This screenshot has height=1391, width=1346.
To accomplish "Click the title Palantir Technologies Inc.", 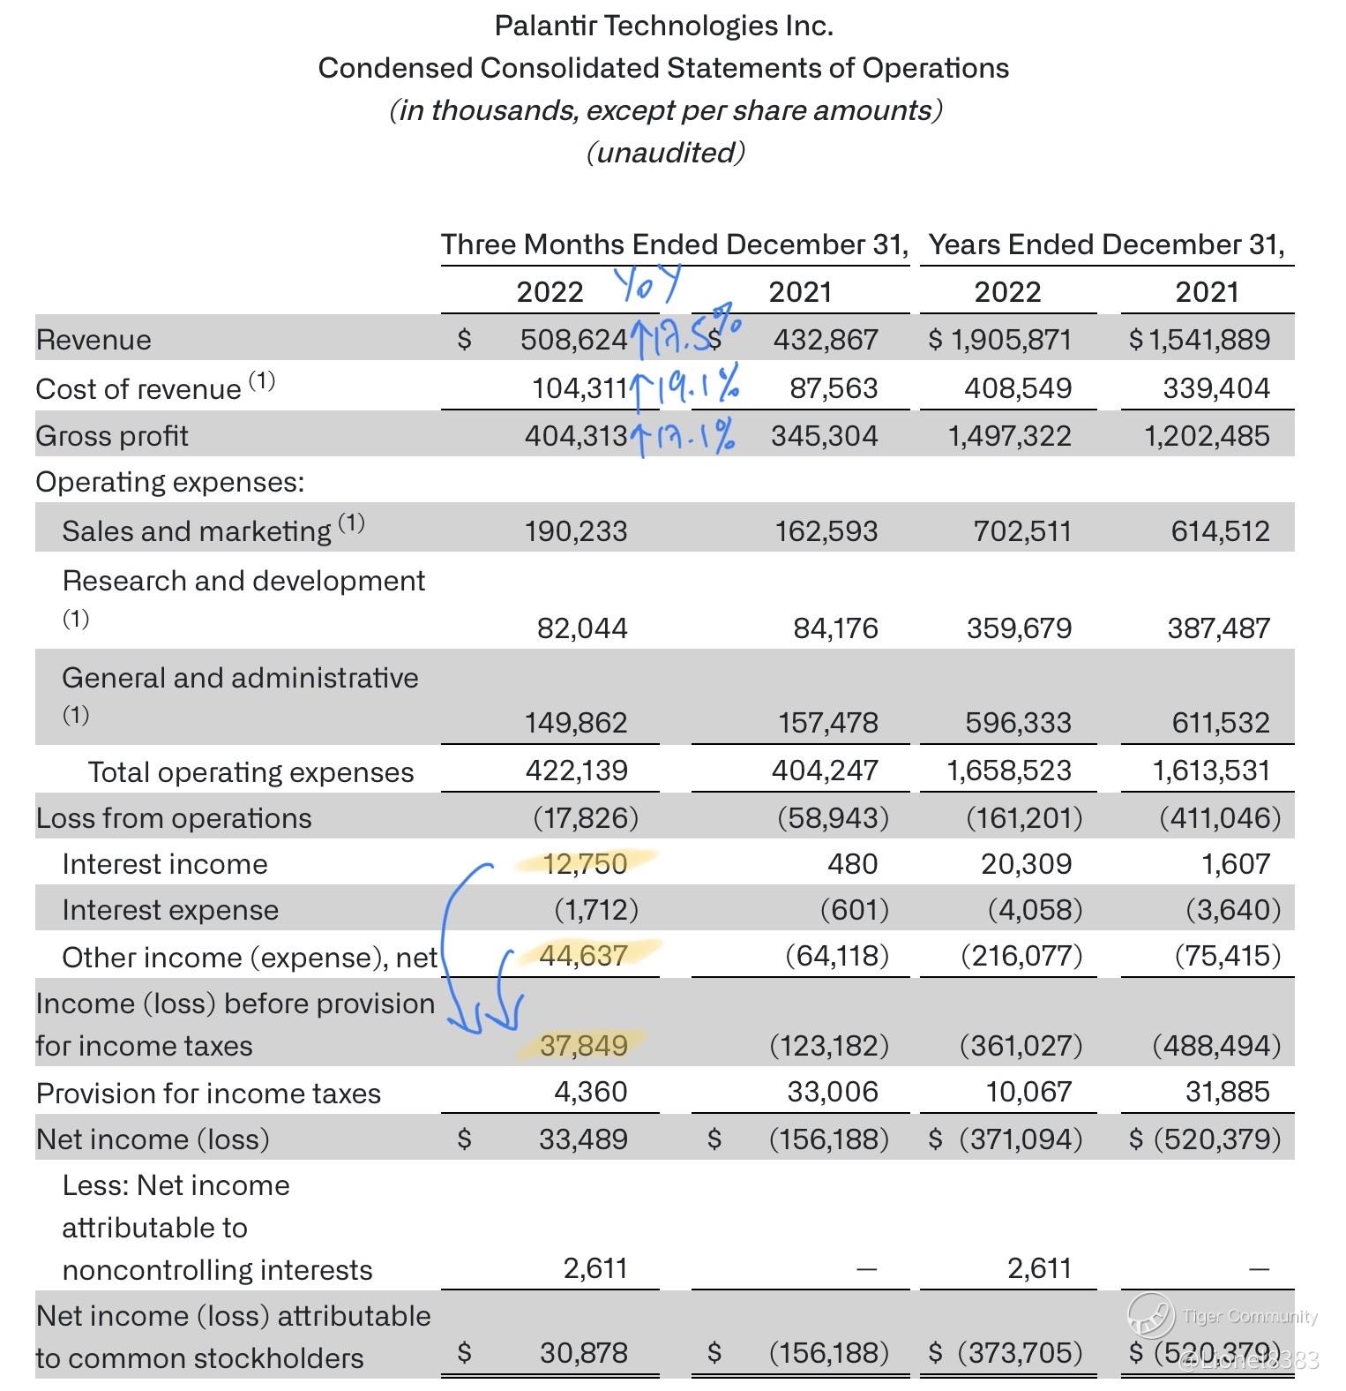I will [663, 26].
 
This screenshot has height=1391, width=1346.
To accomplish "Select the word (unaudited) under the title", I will [665, 153].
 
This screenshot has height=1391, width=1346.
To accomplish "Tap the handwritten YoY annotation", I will [647, 284].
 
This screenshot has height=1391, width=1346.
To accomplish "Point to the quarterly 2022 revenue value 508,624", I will [573, 340].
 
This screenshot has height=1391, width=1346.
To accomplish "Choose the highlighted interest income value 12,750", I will [585, 863].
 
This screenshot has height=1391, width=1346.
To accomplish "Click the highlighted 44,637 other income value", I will [583, 956].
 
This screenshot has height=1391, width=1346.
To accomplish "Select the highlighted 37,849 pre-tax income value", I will [583, 1046].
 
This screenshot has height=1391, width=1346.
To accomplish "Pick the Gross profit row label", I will [112, 436].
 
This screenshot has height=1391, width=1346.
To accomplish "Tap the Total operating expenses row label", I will [251, 772].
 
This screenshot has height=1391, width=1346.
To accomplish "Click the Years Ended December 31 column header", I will [1106, 244].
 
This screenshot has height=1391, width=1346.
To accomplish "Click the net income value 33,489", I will [583, 1139].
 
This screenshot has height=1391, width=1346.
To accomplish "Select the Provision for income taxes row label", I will [208, 1094].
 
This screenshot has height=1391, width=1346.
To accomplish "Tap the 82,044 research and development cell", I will [582, 628].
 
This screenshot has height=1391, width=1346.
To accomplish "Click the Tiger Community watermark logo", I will [1150, 1315].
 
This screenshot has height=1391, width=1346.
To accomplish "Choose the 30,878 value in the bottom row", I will [583, 1353].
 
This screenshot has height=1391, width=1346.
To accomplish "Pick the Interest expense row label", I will [170, 910].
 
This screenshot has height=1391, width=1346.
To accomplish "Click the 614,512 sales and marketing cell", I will [1220, 531].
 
